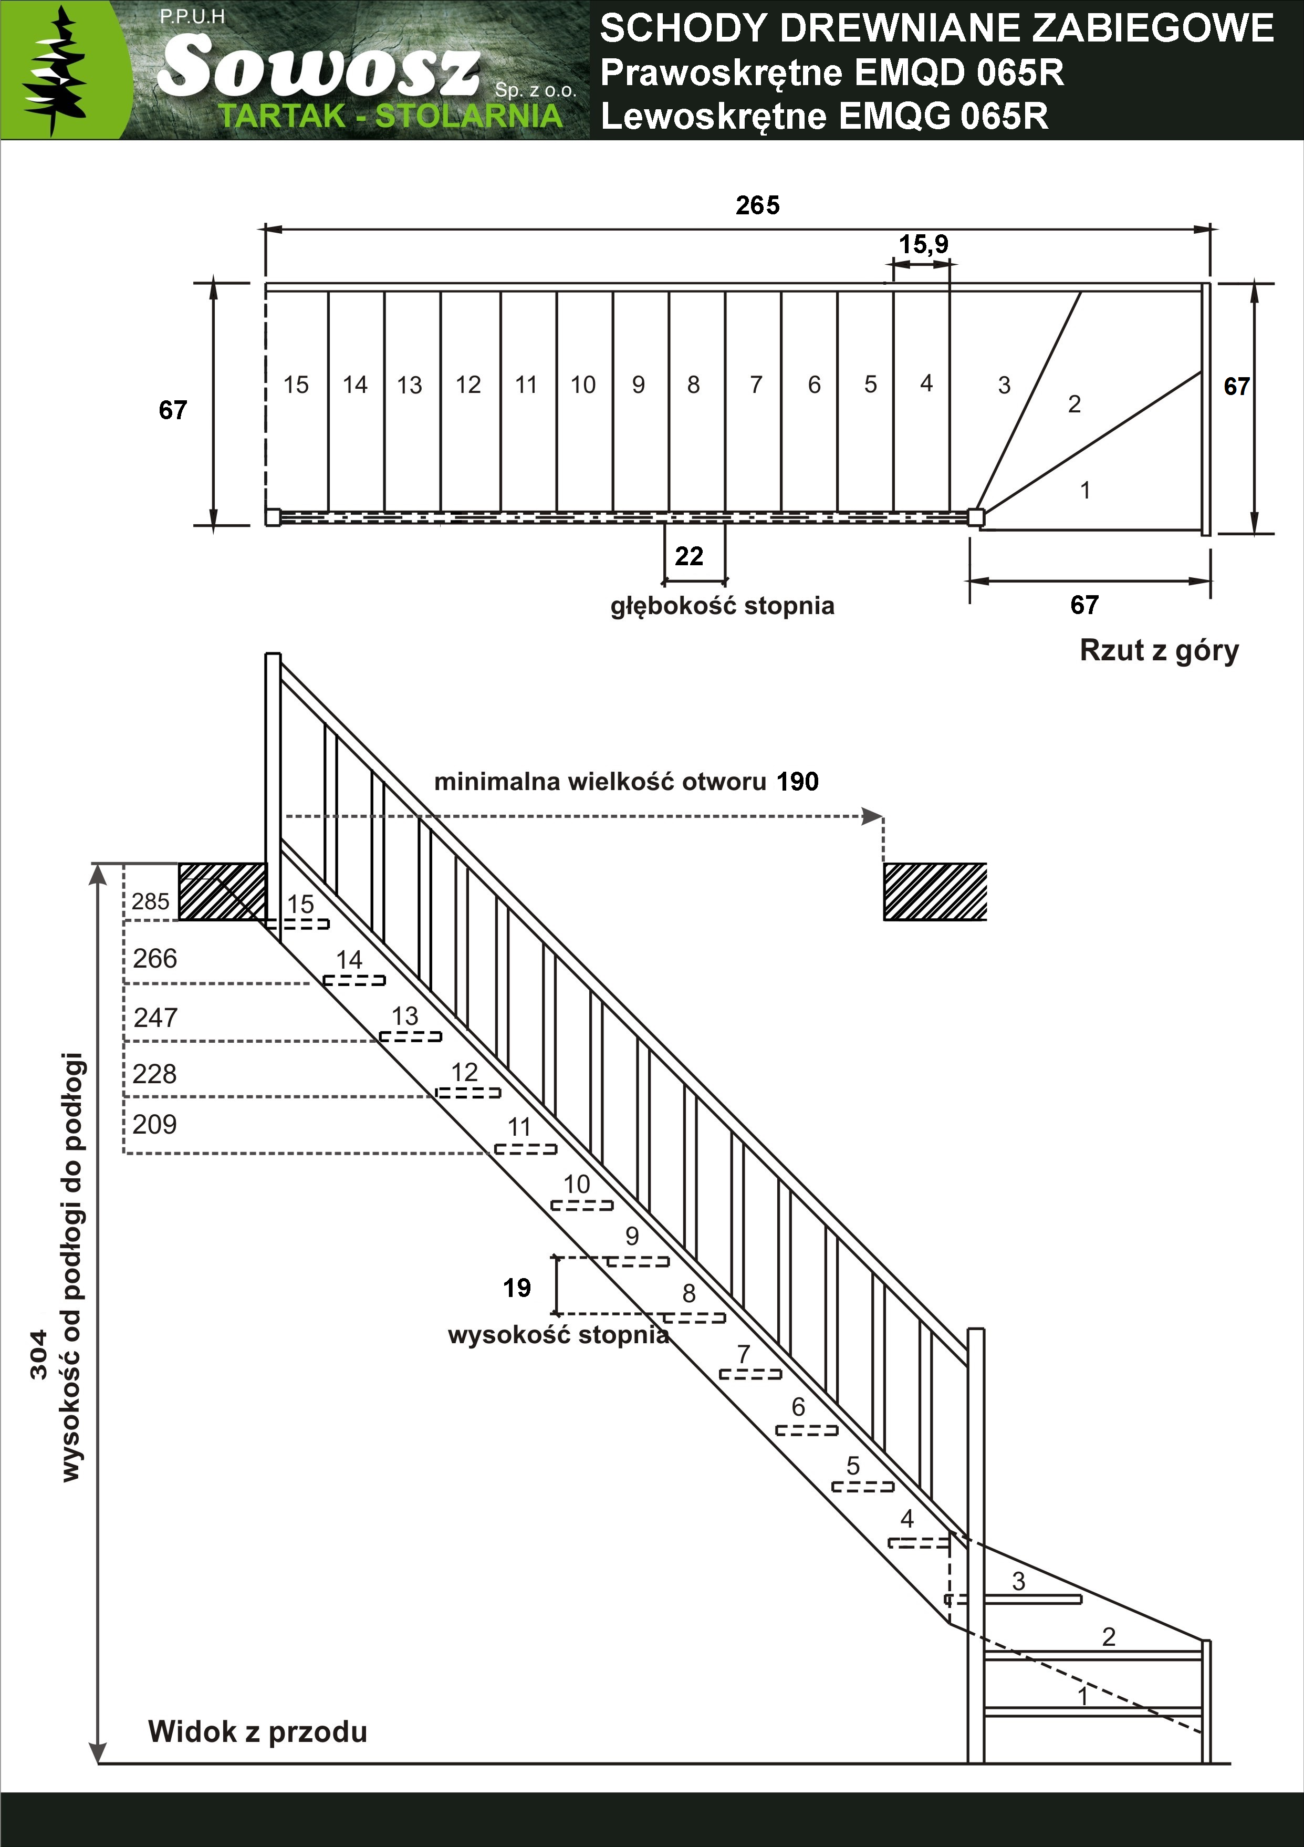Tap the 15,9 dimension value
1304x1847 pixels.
coord(923,244)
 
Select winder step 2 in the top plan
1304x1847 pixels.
coord(1074,404)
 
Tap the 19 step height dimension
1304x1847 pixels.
coord(517,1288)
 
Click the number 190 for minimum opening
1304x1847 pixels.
coord(797,781)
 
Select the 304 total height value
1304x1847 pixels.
coord(39,1355)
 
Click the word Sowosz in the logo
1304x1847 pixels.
coord(319,68)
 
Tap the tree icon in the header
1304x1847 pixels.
coord(55,70)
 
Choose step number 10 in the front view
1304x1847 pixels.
coord(576,1184)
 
